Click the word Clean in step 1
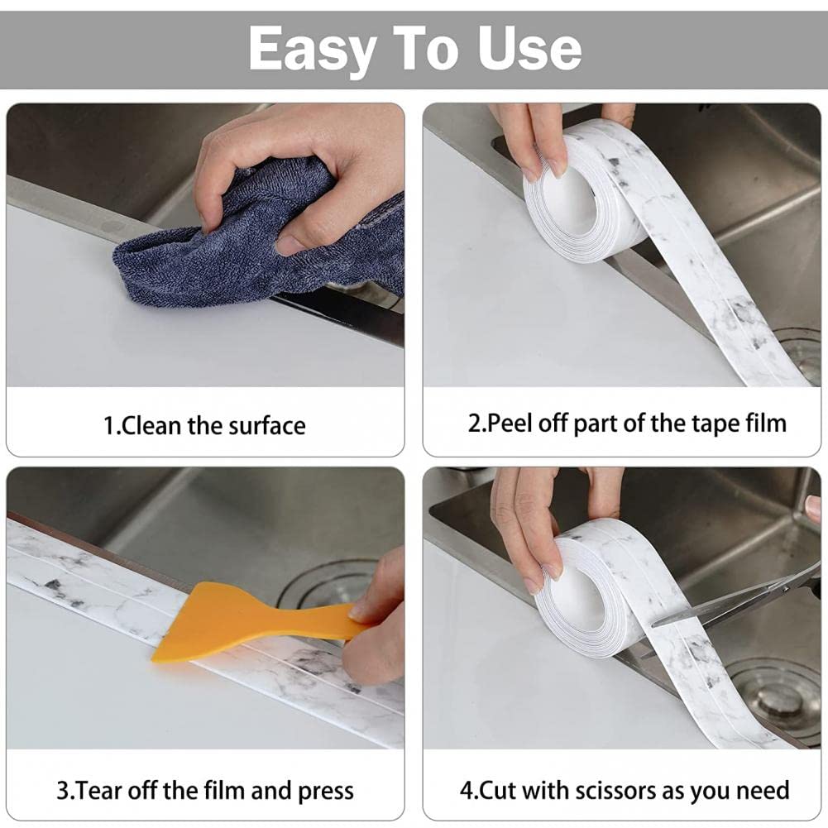[x=151, y=426]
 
